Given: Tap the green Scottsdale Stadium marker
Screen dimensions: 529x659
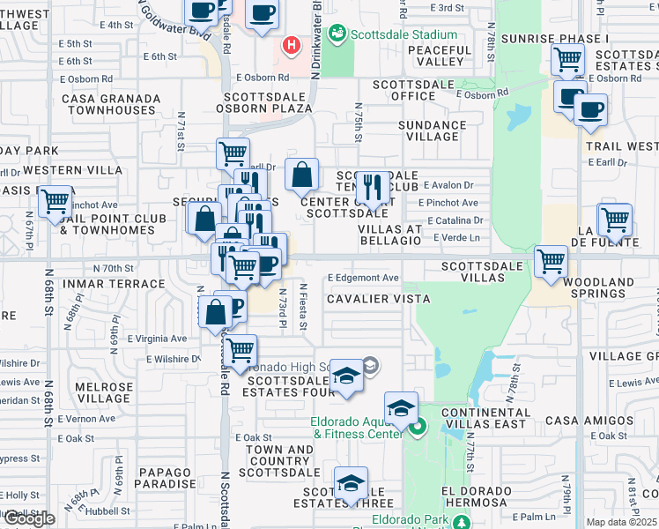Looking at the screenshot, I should coord(336,34).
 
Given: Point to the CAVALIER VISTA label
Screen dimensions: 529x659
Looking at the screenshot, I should coord(378,299).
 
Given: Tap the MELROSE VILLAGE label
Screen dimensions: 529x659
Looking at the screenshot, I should coord(104,392).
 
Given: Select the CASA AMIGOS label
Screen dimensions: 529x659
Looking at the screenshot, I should coord(579,421).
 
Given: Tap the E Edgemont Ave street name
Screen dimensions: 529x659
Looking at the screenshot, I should coord(363,278).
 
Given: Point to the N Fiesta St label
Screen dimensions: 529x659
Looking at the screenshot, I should coord(302,308).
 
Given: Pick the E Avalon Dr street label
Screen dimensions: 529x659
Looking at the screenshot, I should coord(448,185).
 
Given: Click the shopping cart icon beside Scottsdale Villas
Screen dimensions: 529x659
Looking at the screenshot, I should coord(551,260).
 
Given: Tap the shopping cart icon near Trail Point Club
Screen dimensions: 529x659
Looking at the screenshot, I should coord(56,201).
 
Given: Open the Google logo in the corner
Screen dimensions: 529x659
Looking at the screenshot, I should coord(28,518).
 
